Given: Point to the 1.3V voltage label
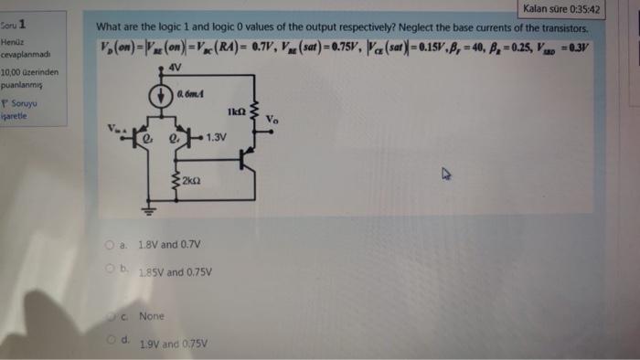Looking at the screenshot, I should pos(216,138).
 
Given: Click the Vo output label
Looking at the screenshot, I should pos(273,119).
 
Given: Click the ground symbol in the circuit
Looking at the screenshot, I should pos(142,208).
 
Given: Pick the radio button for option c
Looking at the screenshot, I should pos(112,315).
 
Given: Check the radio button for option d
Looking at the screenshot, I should pos(111,340).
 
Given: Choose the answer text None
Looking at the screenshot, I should pos(151,316).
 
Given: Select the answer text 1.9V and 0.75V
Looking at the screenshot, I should pos(173,344).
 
